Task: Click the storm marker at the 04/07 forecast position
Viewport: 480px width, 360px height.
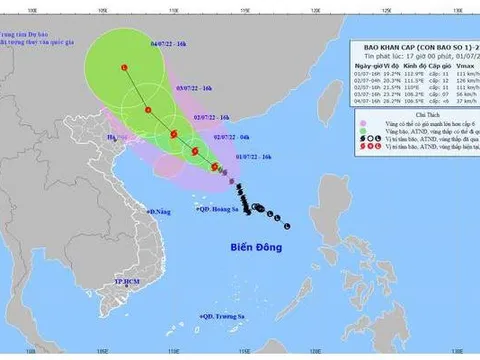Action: click(x=124, y=67)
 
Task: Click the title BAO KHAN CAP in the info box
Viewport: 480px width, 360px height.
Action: click(x=385, y=46)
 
